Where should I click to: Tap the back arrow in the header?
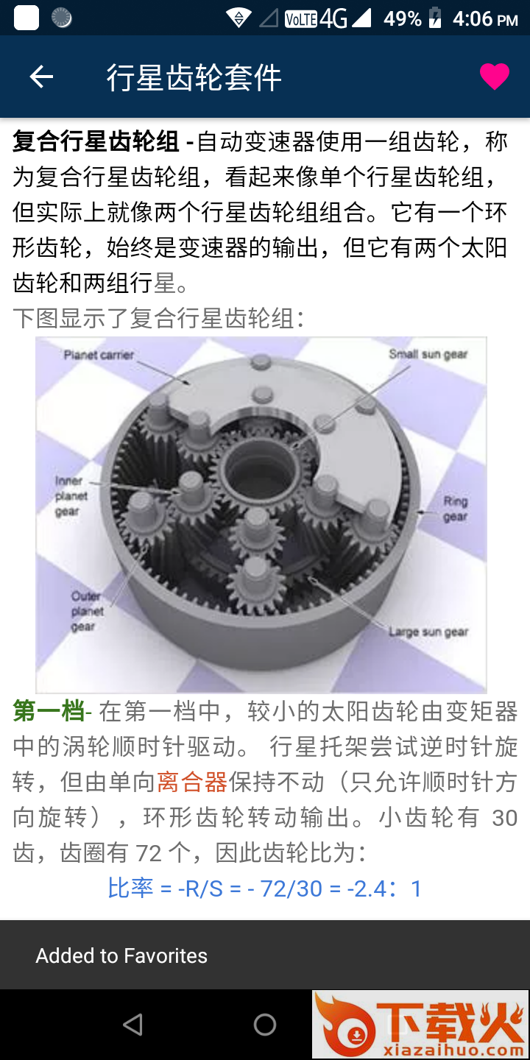[x=41, y=77]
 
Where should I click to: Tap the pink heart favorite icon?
[x=495, y=77]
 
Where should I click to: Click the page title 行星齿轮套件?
[x=194, y=77]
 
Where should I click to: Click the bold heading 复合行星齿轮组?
[x=96, y=141]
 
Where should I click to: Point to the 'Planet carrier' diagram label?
[x=99, y=355]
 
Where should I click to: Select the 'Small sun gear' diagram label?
[x=428, y=354]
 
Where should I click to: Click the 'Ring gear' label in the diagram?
[x=456, y=509]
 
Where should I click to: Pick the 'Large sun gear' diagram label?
[x=428, y=632]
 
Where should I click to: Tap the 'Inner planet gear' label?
[x=71, y=496]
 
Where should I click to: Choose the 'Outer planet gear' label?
[x=87, y=611]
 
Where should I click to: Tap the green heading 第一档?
[x=49, y=711]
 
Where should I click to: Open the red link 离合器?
[x=192, y=782]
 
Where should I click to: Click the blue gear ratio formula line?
[x=265, y=888]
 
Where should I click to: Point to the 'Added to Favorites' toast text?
[x=121, y=955]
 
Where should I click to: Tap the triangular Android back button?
[x=132, y=1025]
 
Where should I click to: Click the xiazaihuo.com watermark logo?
[x=420, y=1024]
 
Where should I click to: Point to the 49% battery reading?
[x=402, y=19]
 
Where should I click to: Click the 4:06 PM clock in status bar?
[x=485, y=19]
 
